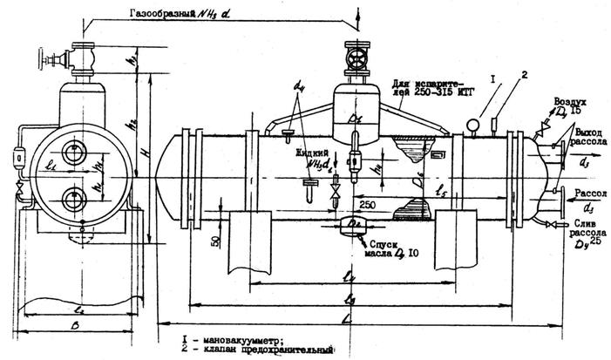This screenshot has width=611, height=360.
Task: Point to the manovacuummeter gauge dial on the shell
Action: coord(472,125)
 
